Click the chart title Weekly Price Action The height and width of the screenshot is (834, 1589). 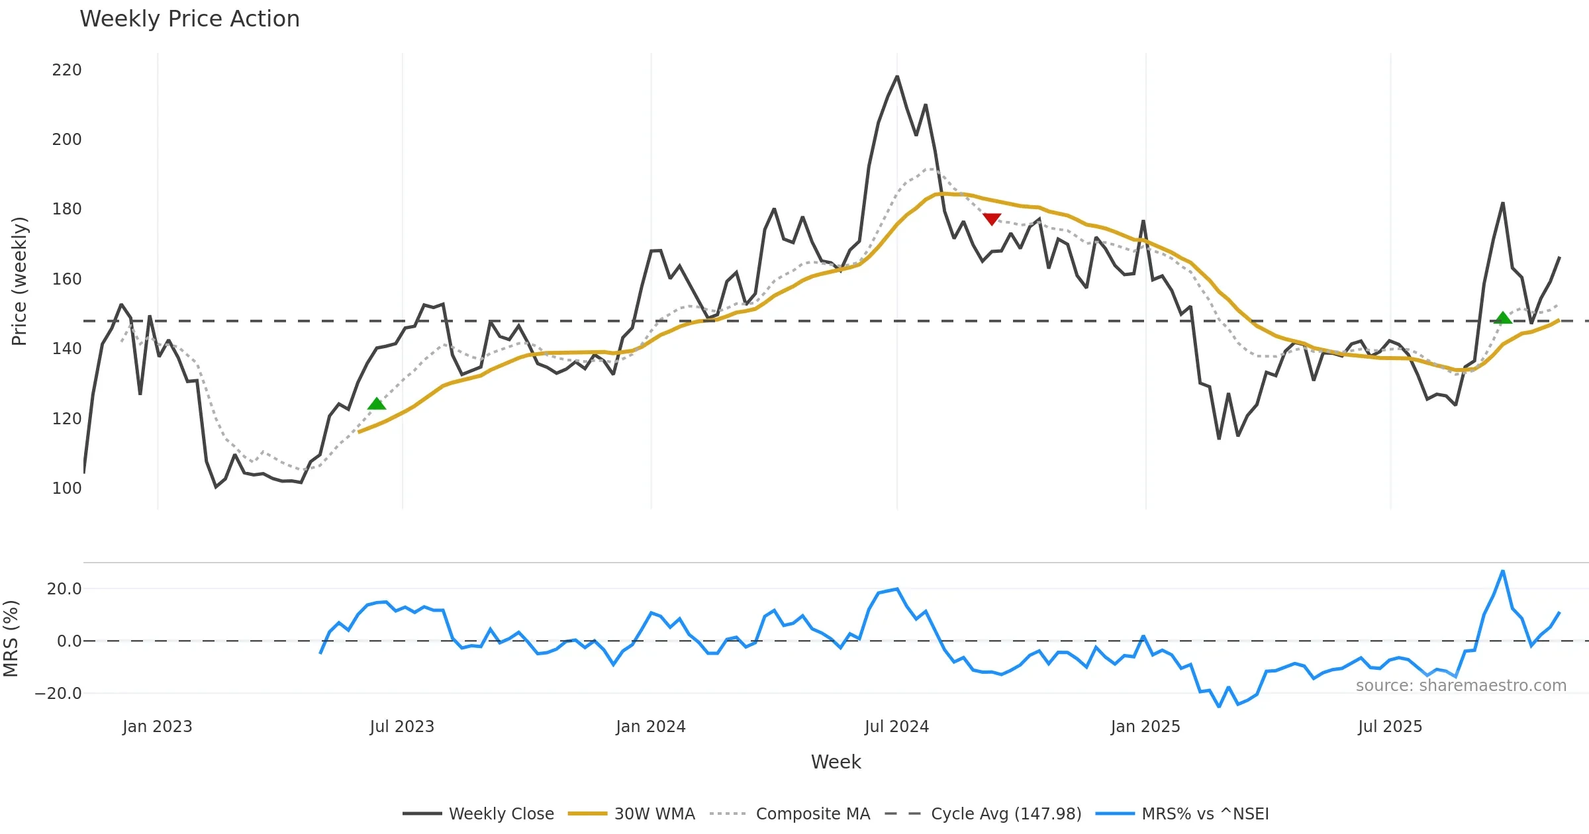(189, 19)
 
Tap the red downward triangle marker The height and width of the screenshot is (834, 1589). (991, 219)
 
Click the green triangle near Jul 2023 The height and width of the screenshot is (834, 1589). (377, 404)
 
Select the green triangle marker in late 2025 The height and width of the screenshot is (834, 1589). (1503, 318)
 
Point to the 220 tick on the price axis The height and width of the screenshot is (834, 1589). (67, 70)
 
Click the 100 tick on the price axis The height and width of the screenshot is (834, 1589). (67, 488)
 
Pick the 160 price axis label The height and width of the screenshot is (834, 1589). (67, 279)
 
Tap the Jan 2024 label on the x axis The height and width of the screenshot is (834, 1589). (650, 727)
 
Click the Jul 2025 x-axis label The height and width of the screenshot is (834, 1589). (1390, 727)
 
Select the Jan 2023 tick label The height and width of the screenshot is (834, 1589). (157, 727)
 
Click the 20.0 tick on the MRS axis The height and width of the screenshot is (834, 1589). (64, 589)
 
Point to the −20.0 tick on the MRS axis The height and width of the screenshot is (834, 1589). (58, 694)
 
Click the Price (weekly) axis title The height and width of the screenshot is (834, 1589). (20, 281)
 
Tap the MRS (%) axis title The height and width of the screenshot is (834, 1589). (11, 639)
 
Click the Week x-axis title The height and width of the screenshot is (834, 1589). (836, 763)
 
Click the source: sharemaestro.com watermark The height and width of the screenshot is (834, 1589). (1461, 686)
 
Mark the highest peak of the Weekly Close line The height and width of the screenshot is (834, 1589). (897, 77)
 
